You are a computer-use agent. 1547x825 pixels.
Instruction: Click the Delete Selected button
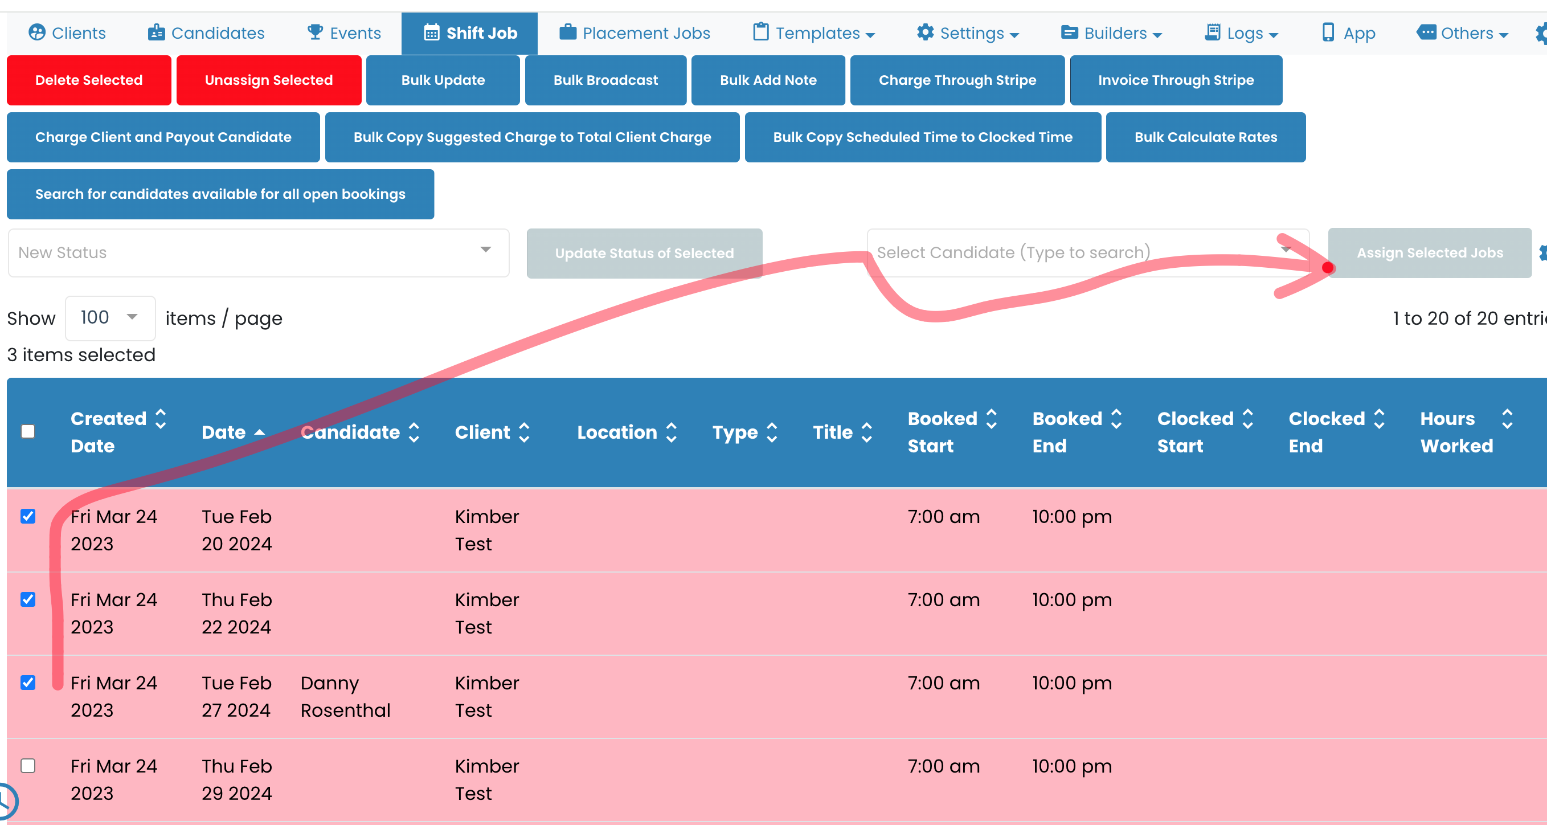pos(89,80)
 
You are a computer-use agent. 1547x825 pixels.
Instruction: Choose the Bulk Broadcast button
pos(605,80)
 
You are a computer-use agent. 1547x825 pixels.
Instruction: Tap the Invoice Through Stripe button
pos(1175,80)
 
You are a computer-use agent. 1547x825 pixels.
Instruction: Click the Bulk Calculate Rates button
pos(1205,137)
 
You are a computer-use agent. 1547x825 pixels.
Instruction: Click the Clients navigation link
pos(67,33)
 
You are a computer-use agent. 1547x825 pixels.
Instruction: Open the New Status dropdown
pos(258,252)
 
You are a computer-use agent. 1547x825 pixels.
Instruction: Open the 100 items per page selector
pos(110,317)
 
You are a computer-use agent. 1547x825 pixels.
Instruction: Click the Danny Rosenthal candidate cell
pos(345,696)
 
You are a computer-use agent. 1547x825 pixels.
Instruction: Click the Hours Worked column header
pos(1456,432)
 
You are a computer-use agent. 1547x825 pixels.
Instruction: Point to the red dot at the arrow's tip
pos(1328,268)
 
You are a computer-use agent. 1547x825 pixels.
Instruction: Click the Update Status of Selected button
pos(644,253)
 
